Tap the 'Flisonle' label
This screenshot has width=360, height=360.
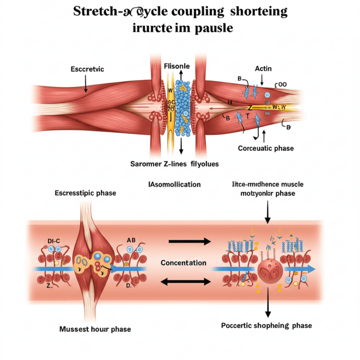(x=177, y=67)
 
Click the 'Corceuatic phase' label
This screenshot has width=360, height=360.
(x=265, y=148)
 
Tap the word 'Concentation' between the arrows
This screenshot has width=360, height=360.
(x=183, y=263)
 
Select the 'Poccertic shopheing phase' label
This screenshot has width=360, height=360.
(x=266, y=325)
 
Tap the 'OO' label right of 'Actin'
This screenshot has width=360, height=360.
(x=284, y=85)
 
